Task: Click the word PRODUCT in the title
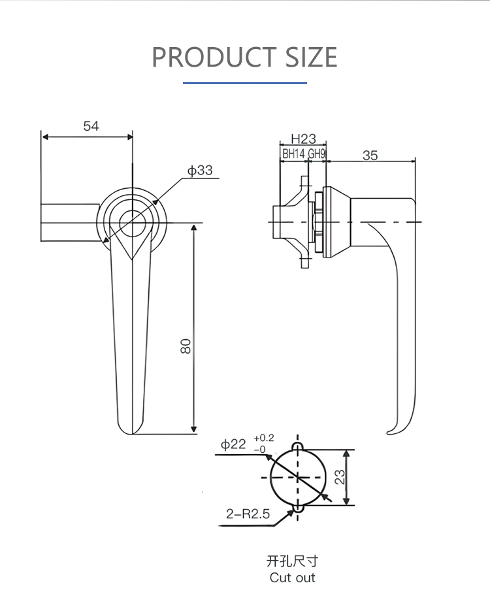click(x=214, y=57)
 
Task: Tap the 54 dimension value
click(x=91, y=126)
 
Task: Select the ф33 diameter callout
click(x=200, y=171)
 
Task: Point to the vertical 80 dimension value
click(x=186, y=346)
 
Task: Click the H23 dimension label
click(x=303, y=139)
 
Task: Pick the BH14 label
click(x=293, y=154)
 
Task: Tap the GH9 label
click(x=317, y=154)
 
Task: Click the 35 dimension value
click(x=370, y=155)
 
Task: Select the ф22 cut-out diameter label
click(x=233, y=444)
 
